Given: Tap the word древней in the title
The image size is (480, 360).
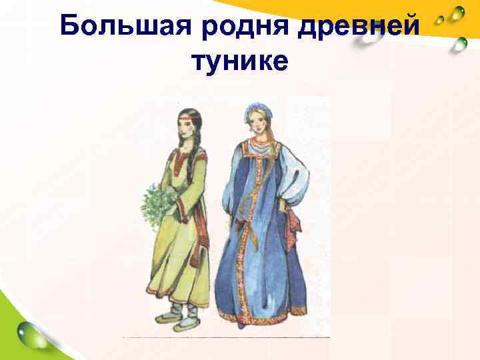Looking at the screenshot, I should pyautogui.click(x=360, y=27).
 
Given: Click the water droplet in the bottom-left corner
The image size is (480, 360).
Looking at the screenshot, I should pyautogui.click(x=33, y=333).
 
